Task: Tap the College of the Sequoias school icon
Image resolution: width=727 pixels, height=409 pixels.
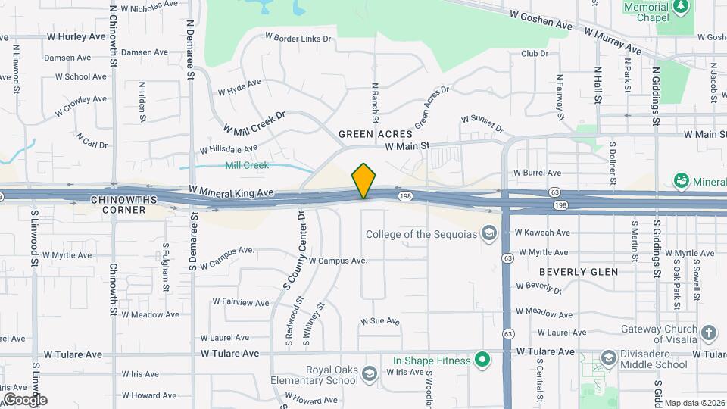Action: click(488, 233)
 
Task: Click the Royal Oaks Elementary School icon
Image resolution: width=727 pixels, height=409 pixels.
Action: click(368, 375)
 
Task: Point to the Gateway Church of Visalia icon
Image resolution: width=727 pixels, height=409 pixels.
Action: click(708, 333)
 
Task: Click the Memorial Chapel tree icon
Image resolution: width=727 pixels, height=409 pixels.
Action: click(681, 6)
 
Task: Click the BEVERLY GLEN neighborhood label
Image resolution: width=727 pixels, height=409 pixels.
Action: click(579, 271)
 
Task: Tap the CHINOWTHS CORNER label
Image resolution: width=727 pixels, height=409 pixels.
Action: click(117, 204)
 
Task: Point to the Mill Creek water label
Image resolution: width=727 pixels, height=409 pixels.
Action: click(247, 165)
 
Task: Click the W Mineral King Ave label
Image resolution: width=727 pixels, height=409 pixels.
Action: click(231, 193)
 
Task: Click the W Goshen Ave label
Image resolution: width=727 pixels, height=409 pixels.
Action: click(541, 19)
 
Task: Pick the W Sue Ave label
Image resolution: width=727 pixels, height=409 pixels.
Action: click(379, 321)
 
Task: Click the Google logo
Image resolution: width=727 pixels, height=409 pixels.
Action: click(24, 399)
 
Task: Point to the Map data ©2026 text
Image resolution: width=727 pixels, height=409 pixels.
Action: click(694, 403)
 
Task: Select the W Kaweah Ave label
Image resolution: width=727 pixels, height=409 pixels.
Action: click(541, 233)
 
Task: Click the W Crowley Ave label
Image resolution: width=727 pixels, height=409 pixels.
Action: click(81, 105)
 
